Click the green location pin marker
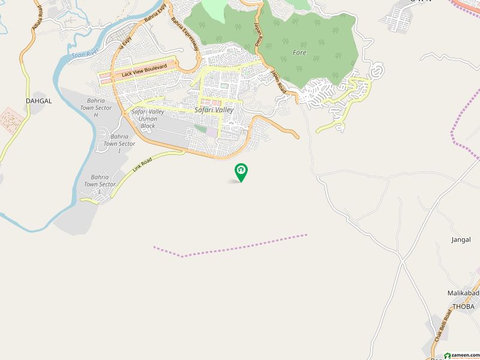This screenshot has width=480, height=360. click(x=241, y=172)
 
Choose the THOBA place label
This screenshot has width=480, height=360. click(x=463, y=307)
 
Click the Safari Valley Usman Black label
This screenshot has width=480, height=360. click(x=148, y=119)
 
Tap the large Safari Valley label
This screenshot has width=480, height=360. click(x=214, y=110)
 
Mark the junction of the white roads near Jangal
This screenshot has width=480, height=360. click(x=400, y=256)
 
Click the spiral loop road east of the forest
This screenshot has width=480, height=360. click(x=377, y=71)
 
